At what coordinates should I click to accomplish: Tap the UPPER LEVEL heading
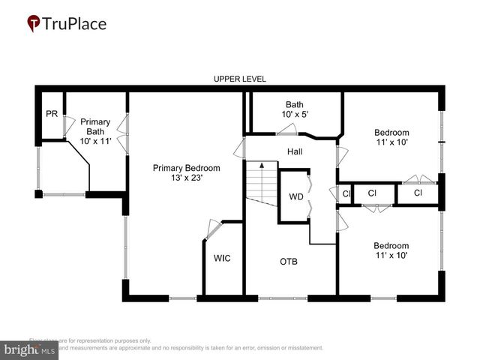point(239,79)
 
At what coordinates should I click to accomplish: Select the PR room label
point(51,114)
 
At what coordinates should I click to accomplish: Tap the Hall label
point(295,151)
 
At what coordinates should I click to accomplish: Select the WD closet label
point(295,197)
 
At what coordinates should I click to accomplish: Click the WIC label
point(222,258)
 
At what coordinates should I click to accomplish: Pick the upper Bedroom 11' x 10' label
point(391,137)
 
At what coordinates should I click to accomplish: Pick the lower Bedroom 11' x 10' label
point(391,250)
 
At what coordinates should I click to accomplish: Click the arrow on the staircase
point(262,163)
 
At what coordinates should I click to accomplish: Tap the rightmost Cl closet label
point(418,193)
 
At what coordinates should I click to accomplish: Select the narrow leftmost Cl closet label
point(346,193)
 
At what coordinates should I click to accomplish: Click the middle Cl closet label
point(372,193)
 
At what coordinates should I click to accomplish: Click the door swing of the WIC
point(211,227)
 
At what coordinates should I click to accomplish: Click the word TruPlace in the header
point(75,23)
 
